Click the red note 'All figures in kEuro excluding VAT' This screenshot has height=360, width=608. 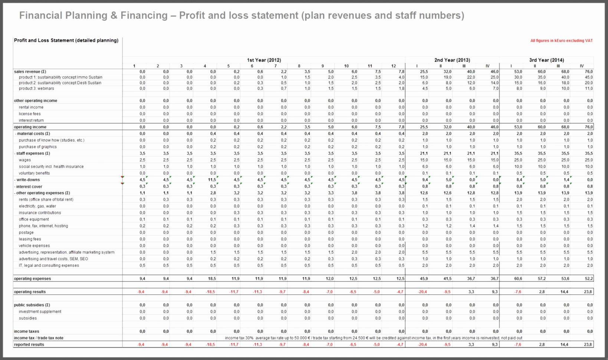coord(561,41)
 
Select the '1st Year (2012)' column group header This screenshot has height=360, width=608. coord(264,60)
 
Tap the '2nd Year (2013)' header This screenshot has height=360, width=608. coord(452,60)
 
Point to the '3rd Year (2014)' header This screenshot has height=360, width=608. coord(546,60)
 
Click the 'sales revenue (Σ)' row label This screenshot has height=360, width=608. coord(30,72)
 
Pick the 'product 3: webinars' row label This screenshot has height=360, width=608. coord(36,89)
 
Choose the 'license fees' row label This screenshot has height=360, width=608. coord(30,114)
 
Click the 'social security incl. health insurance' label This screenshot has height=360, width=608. coord(51,167)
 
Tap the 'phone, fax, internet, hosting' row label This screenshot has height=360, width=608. coord(43,226)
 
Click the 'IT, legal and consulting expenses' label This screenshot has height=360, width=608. coord(49,266)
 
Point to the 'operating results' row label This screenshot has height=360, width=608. coord(30,292)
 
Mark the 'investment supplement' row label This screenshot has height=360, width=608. coord(40,312)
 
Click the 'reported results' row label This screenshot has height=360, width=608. coord(29,345)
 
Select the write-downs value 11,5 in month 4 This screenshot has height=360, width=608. coord(212,180)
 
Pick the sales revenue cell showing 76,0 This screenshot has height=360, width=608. coord(589,72)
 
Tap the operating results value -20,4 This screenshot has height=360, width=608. coord(423,292)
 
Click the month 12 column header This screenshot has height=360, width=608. coord(393,66)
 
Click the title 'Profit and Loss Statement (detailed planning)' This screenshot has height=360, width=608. coord(66,40)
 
